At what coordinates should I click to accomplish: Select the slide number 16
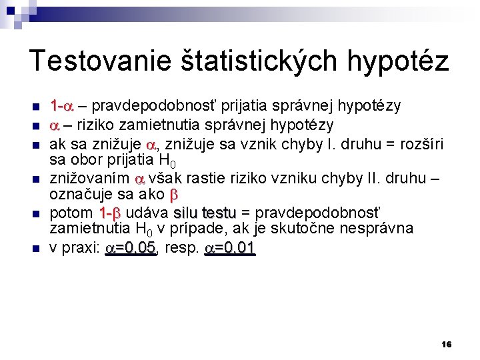(447, 344)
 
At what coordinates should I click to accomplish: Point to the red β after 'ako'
(175, 195)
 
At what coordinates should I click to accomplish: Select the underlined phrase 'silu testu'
(205, 213)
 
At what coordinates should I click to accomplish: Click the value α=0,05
(131, 248)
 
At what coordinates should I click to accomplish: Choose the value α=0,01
(229, 248)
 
